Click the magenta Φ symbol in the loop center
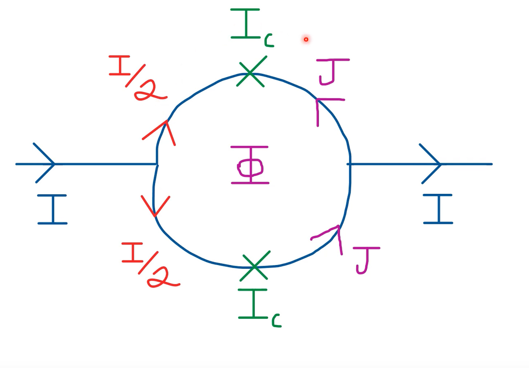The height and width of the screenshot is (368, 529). pos(250,166)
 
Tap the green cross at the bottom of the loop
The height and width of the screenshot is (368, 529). pos(255,267)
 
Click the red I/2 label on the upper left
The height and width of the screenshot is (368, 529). pos(137,77)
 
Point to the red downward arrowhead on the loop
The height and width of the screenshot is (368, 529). pos(155,207)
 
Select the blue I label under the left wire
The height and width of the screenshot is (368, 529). pos(53,209)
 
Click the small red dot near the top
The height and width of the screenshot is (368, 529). pos(306,39)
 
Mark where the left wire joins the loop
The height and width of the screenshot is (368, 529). pos(157,164)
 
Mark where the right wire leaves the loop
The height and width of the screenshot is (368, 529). pos(350,164)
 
